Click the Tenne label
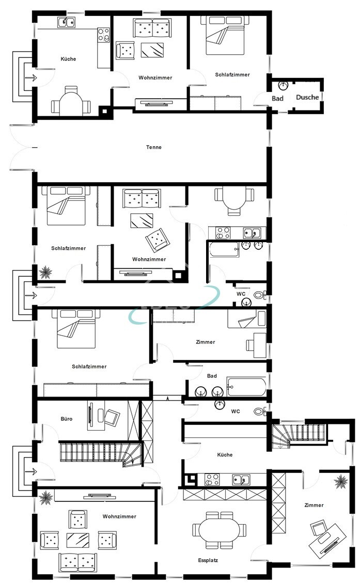[153, 147]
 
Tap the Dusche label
[307, 97]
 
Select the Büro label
[66, 419]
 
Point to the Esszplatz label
[207, 560]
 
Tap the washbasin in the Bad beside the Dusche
[283, 85]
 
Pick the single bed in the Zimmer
[247, 320]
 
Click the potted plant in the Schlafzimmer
[45, 271]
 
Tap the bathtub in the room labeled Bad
[247, 386]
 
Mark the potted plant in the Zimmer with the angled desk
[340, 482]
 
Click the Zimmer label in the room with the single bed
[206, 342]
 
